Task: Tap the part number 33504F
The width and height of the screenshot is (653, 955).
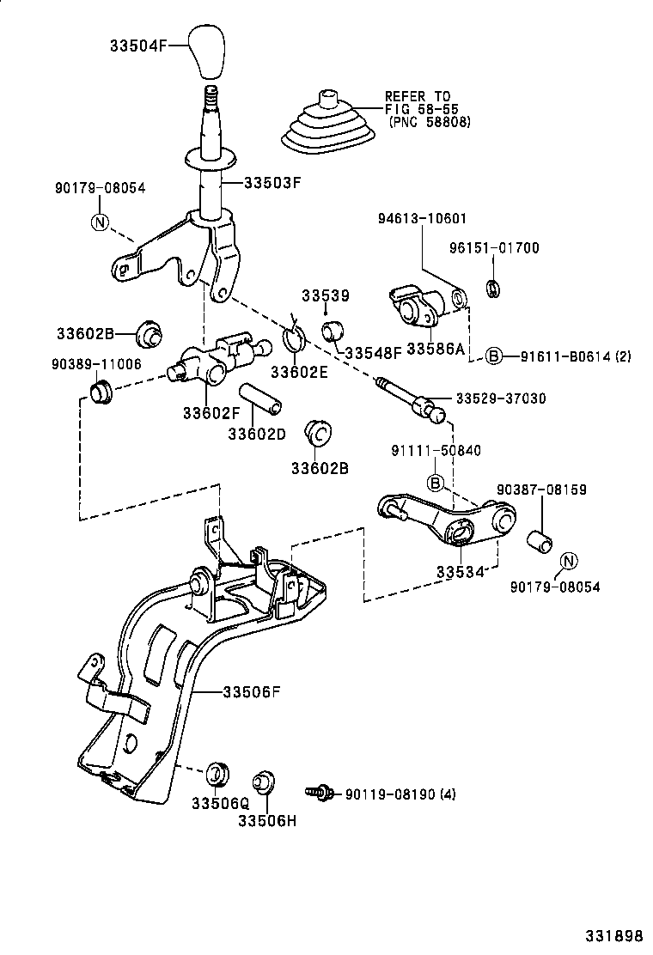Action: tap(145, 46)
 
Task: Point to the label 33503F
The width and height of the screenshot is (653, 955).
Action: tap(273, 182)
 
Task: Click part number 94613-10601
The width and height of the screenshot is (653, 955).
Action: tap(422, 219)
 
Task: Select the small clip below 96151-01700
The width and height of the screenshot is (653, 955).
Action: tap(493, 289)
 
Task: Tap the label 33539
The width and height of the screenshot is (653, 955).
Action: tap(325, 296)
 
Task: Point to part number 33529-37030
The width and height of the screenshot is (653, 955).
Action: tap(500, 398)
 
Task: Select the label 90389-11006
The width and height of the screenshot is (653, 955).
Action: tap(95, 363)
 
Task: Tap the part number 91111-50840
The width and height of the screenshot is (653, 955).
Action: tap(436, 450)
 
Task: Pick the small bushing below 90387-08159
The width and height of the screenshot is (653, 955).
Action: tap(541, 539)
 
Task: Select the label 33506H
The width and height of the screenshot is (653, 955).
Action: tap(268, 819)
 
